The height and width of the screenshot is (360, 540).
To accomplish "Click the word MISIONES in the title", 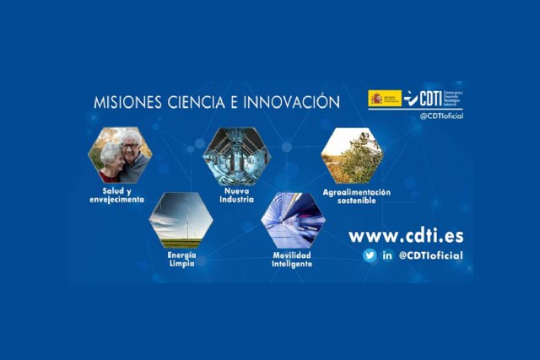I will [x=124, y=103].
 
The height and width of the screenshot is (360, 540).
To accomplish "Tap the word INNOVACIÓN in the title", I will [x=290, y=103].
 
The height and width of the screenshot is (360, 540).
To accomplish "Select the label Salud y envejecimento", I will [x=118, y=196].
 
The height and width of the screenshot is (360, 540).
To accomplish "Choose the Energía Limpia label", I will [x=181, y=259].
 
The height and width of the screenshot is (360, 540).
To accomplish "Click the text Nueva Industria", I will [x=235, y=196].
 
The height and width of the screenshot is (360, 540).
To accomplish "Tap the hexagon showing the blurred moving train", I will [x=293, y=220].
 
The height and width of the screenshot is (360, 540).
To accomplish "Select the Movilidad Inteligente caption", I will [x=293, y=259].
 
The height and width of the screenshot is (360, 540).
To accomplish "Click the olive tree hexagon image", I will [x=353, y=155].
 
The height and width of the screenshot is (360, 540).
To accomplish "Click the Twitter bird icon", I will [x=370, y=255].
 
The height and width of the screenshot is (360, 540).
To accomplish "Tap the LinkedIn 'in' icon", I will [x=388, y=255].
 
